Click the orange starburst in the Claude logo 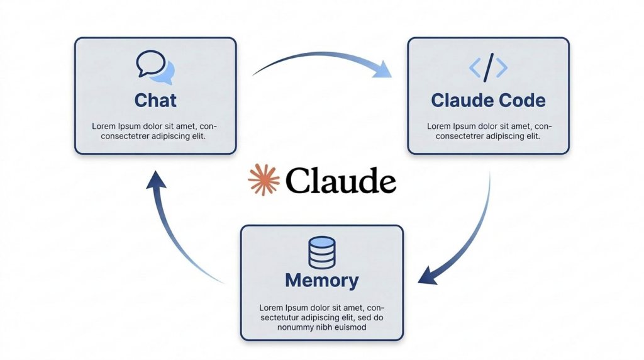(x=264, y=180)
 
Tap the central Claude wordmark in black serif (x=340, y=181)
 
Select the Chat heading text (x=155, y=100)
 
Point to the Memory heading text (x=321, y=280)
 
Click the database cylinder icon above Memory (x=321, y=252)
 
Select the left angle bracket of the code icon (x=475, y=67)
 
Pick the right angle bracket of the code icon (x=501, y=67)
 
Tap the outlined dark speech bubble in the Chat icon (x=150, y=64)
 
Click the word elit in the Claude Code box (x=530, y=136)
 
